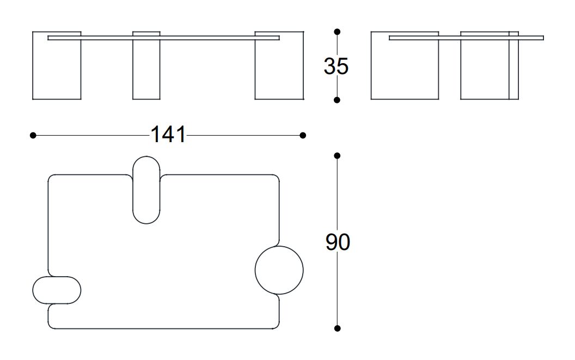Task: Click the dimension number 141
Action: (x=168, y=135)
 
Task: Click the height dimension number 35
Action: (x=336, y=66)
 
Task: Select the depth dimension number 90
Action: (x=338, y=242)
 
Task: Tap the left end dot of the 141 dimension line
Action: (x=33, y=136)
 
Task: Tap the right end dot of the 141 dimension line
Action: (x=303, y=136)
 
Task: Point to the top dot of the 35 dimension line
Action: (x=337, y=32)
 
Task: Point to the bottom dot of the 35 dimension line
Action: (x=337, y=100)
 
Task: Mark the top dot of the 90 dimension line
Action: (x=338, y=156)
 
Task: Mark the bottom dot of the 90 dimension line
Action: (x=338, y=328)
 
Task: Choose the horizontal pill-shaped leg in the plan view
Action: (x=57, y=277)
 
